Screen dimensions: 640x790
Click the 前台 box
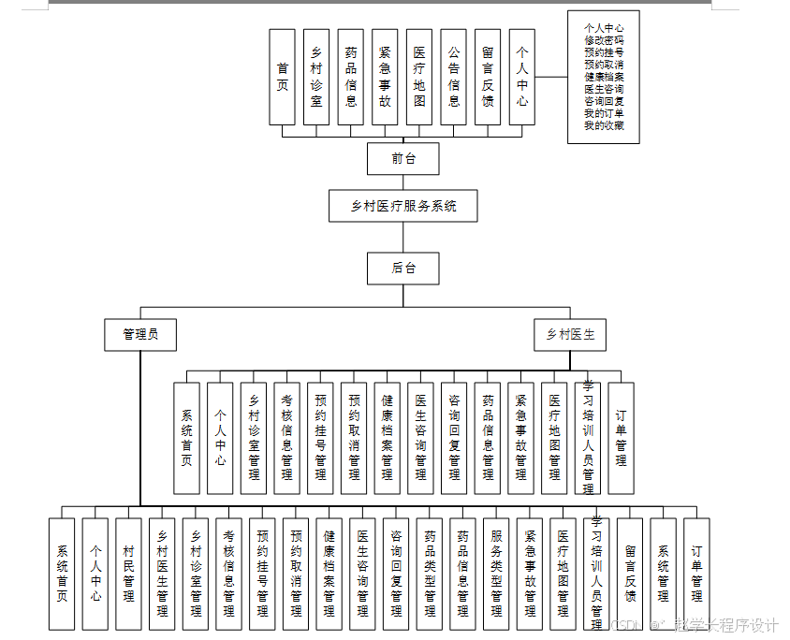pos(403,159)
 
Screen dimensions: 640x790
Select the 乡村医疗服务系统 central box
pos(403,206)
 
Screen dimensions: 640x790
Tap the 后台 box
pos(403,269)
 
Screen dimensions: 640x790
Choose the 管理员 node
pos(140,334)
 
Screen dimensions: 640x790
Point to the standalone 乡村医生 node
pos(571,334)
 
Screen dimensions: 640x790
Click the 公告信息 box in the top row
pos(453,77)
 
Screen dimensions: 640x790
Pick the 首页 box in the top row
pos(283,77)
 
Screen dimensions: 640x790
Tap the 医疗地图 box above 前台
pos(419,77)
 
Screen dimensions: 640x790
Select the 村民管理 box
pos(129,574)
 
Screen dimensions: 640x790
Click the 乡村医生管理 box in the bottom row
pos(162,574)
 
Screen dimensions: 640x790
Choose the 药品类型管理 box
pos(430,574)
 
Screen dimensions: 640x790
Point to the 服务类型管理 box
pos(497,574)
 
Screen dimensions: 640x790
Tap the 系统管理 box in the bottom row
pos(664,574)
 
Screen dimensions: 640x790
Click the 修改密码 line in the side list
pos(604,40)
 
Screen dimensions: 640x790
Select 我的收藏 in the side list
pos(604,125)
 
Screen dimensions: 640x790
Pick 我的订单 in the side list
pos(604,113)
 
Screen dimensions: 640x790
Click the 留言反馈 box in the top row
pos(488,77)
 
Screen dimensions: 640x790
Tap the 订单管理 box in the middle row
pos(622,438)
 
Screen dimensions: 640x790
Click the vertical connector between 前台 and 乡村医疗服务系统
pos(403,182)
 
